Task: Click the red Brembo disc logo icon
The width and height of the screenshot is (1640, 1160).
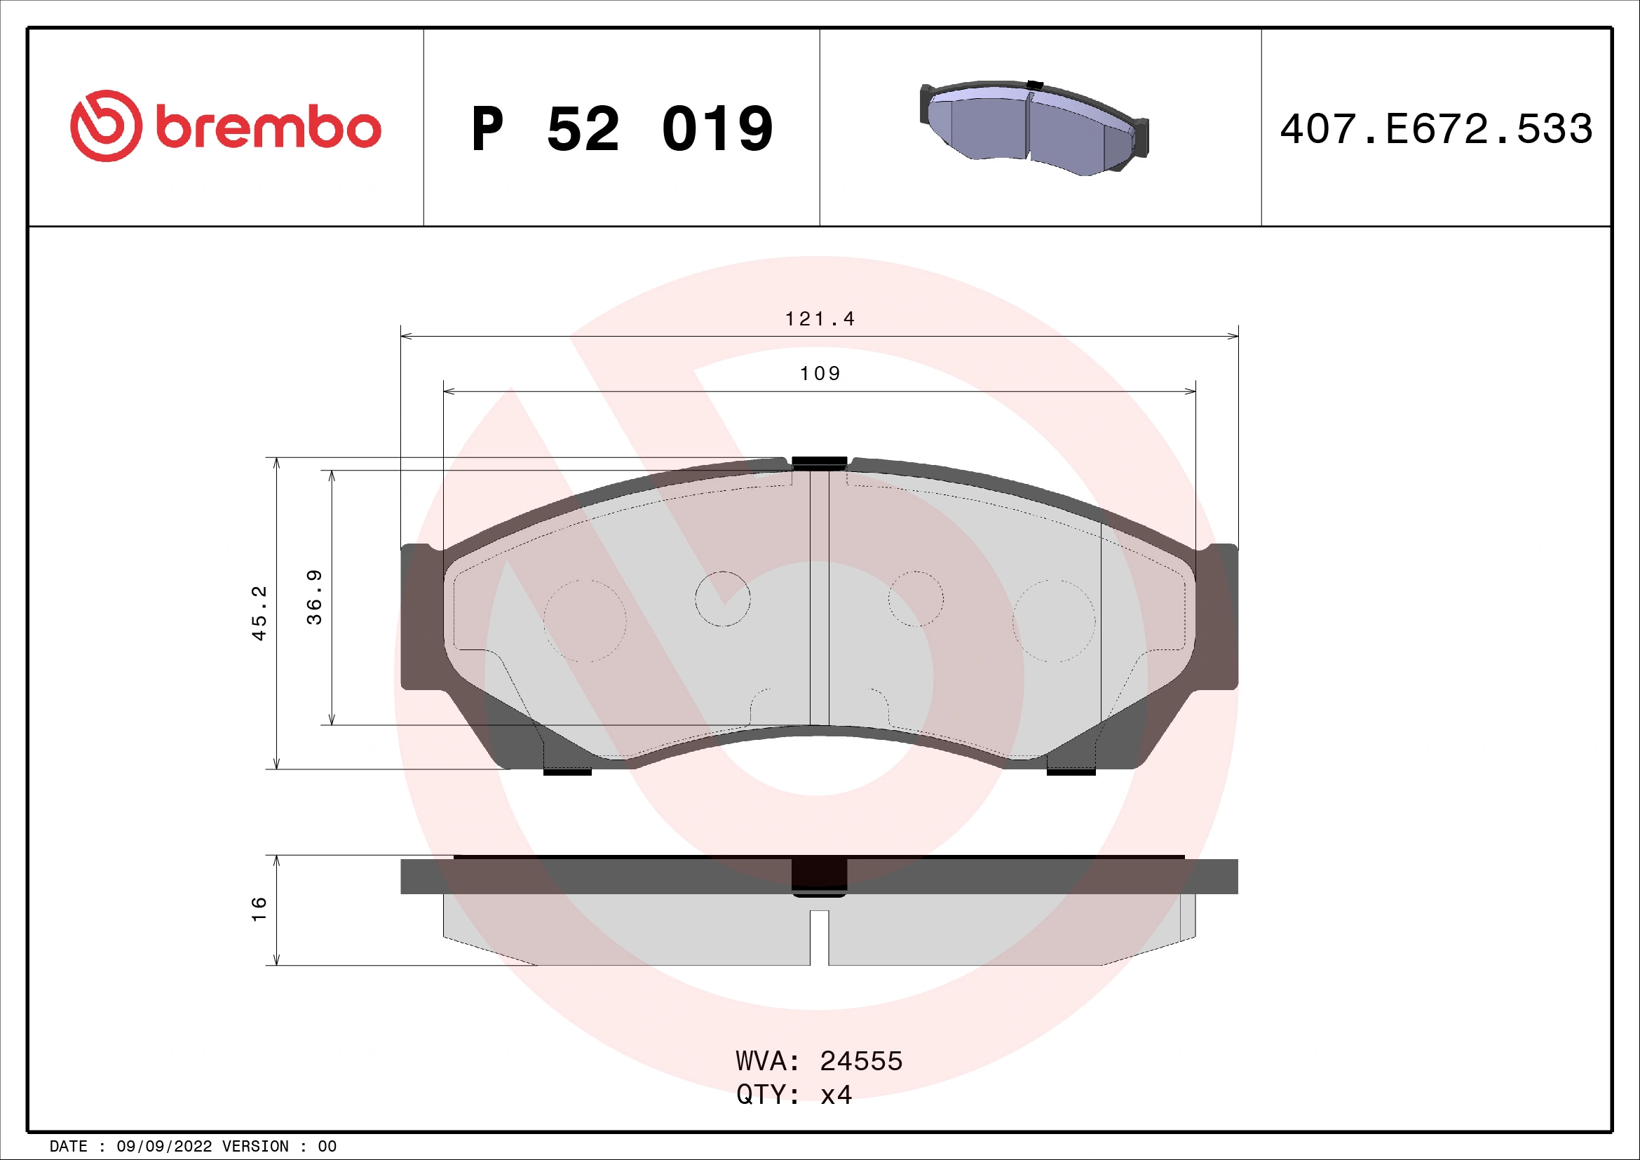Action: [x=106, y=126]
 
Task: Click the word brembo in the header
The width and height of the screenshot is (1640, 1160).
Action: [x=268, y=128]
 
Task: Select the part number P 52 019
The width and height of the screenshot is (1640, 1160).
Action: [x=621, y=129]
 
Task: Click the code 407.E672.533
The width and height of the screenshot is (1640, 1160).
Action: [x=1436, y=129]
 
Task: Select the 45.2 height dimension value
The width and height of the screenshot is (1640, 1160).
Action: [x=259, y=613]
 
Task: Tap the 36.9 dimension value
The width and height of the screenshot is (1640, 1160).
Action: [x=314, y=597]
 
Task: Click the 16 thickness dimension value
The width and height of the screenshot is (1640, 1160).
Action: [x=259, y=910]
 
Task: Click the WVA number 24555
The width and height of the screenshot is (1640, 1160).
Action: [x=861, y=1061]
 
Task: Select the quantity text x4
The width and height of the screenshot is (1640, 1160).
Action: [x=836, y=1095]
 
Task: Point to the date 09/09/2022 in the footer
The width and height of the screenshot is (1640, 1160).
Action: [x=164, y=1147]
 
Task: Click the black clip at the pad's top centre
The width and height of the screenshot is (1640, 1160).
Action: [x=819, y=463]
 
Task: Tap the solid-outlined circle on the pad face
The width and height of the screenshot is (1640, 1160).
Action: [x=722, y=598]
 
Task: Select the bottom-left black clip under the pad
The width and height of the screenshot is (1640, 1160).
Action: [x=567, y=772]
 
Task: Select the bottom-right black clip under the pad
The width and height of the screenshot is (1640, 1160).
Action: [x=1071, y=772]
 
